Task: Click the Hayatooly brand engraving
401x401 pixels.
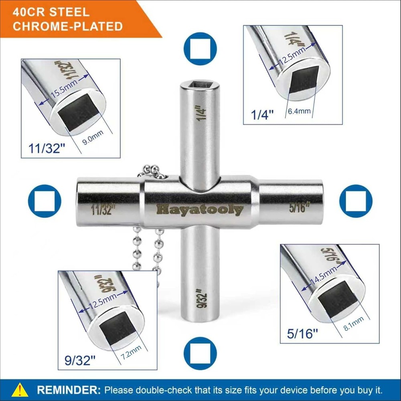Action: tap(200, 210)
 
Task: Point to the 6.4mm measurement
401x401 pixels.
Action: tap(299, 111)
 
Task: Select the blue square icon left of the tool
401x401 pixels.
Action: tap(45, 201)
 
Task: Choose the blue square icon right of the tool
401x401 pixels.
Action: tap(356, 201)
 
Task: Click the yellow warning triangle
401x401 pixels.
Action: tap(20, 390)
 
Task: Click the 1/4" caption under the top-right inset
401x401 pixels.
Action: tap(262, 115)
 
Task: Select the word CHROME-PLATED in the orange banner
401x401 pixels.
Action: tap(68, 26)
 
